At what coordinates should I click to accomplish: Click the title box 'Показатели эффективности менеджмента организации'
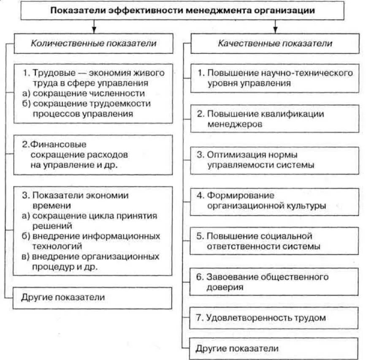coord(183,11)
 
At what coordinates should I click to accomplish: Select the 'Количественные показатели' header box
coord(93,44)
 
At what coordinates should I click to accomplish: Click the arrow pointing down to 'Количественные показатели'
coord(93,27)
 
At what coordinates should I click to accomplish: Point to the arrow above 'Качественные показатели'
coord(275,27)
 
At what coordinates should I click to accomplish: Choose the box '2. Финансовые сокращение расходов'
coord(93,155)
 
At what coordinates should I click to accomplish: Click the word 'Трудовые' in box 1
coord(49,73)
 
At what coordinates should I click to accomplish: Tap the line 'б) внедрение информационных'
coord(90,235)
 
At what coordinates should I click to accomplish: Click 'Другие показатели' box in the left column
coord(93,297)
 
